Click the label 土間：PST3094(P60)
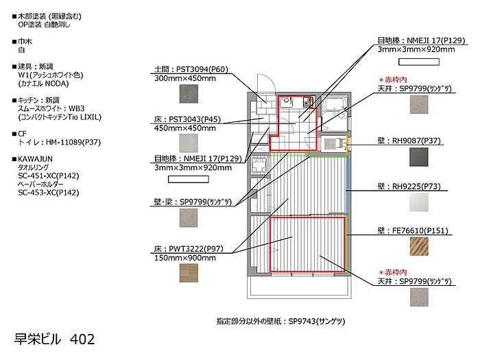tap(182, 69)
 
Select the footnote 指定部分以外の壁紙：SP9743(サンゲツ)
tap(280, 321)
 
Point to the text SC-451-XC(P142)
tap(49, 176)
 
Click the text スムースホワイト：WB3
tap(52, 108)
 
